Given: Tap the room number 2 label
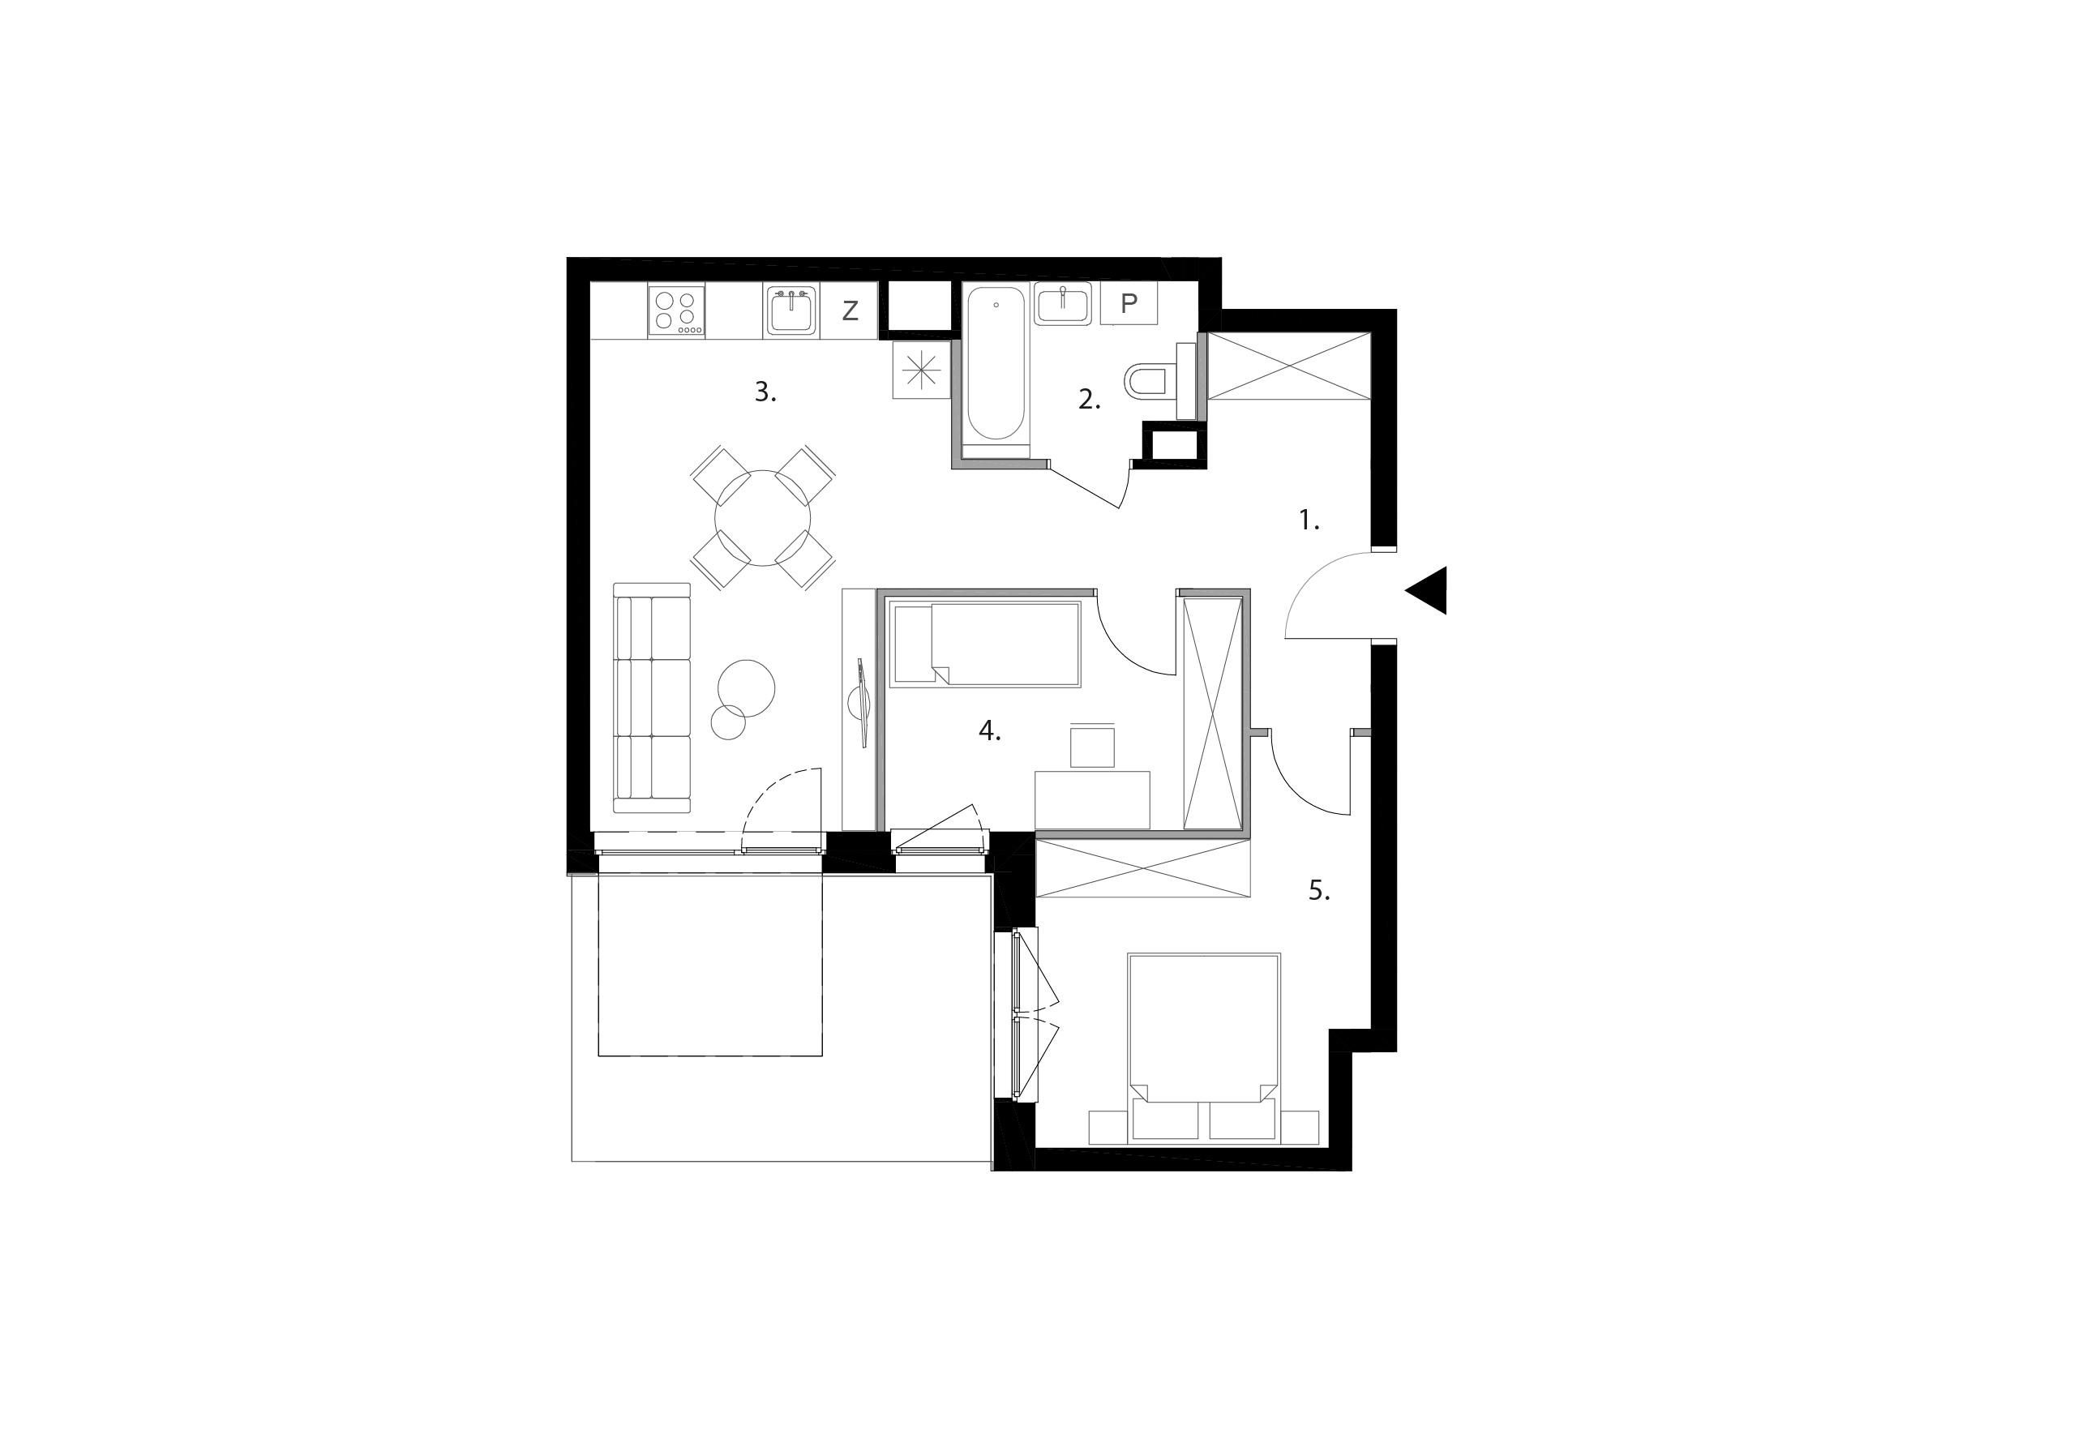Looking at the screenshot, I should (1089, 399).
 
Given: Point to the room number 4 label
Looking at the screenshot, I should (989, 731).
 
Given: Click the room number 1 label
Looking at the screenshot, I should (1309, 520).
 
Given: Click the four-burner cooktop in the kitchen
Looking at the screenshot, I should (676, 310).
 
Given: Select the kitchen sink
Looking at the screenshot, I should (791, 310).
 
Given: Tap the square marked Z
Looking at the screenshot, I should (850, 310).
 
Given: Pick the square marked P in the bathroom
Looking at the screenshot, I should (1129, 303).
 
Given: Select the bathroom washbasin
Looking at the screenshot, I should (1063, 303).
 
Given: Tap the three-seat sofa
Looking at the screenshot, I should (652, 698).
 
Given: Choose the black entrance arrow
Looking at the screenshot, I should (1429, 590).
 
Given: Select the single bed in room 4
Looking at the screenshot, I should (986, 644).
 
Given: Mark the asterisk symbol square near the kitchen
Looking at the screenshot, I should (920, 369).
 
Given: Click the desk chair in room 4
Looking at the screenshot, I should (1091, 746).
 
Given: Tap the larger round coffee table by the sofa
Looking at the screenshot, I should (746, 687).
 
